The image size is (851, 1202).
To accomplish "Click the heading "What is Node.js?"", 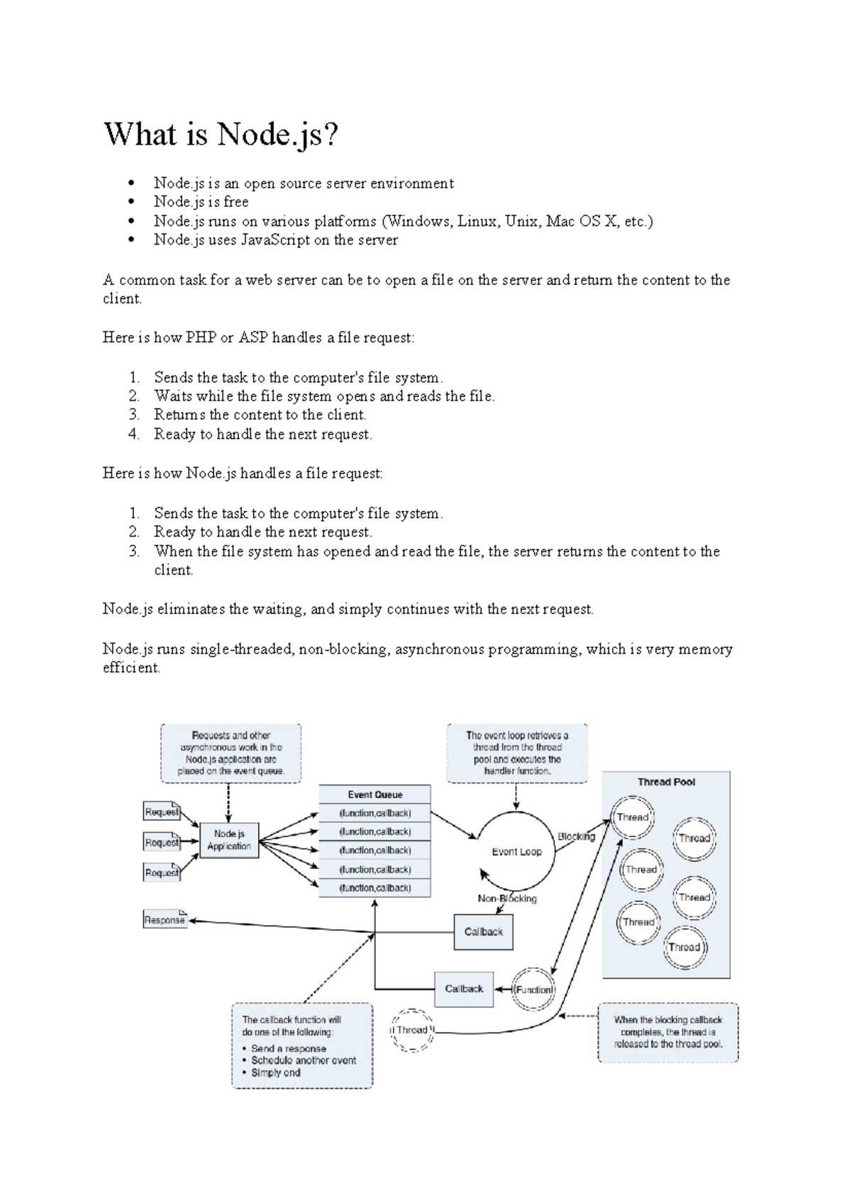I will pos(221,134).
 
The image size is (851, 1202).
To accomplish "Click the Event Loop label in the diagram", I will pos(516,851).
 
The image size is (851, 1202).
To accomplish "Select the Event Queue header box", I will pos(374,794).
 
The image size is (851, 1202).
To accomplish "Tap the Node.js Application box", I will pos(229,840).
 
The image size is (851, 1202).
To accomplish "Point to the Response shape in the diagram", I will pos(165,920).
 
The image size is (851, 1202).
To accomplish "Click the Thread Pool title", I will pos(666,782).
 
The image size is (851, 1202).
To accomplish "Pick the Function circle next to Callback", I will pos(533,989).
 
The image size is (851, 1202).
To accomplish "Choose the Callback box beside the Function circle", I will pos(464,989).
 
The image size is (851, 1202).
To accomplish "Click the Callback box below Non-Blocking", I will pos(483,931).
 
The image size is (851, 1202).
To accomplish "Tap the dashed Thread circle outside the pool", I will pos(412,1030).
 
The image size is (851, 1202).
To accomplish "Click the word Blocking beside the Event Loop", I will pos(576,836).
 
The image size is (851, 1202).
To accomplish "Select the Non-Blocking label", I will pos(507,899).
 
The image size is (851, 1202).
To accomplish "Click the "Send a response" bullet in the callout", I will pos(289,1048).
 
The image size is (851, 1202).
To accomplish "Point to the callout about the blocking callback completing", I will pos(667,1032).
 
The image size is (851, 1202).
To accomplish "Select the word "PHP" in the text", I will pos(201,337).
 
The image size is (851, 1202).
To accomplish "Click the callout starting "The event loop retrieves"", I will pos(517,753).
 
